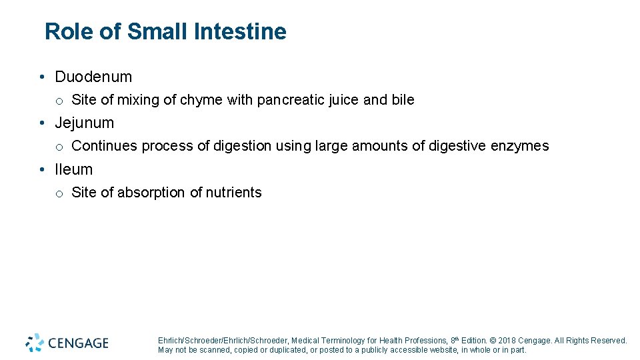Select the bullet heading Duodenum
93,77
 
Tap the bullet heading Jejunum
84,123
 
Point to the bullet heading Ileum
73,169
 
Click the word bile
403,100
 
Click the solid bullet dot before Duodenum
42,77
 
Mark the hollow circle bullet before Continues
59,147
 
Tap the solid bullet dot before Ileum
42,170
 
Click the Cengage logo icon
35,343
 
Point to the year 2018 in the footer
504,341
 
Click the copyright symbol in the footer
491,341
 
